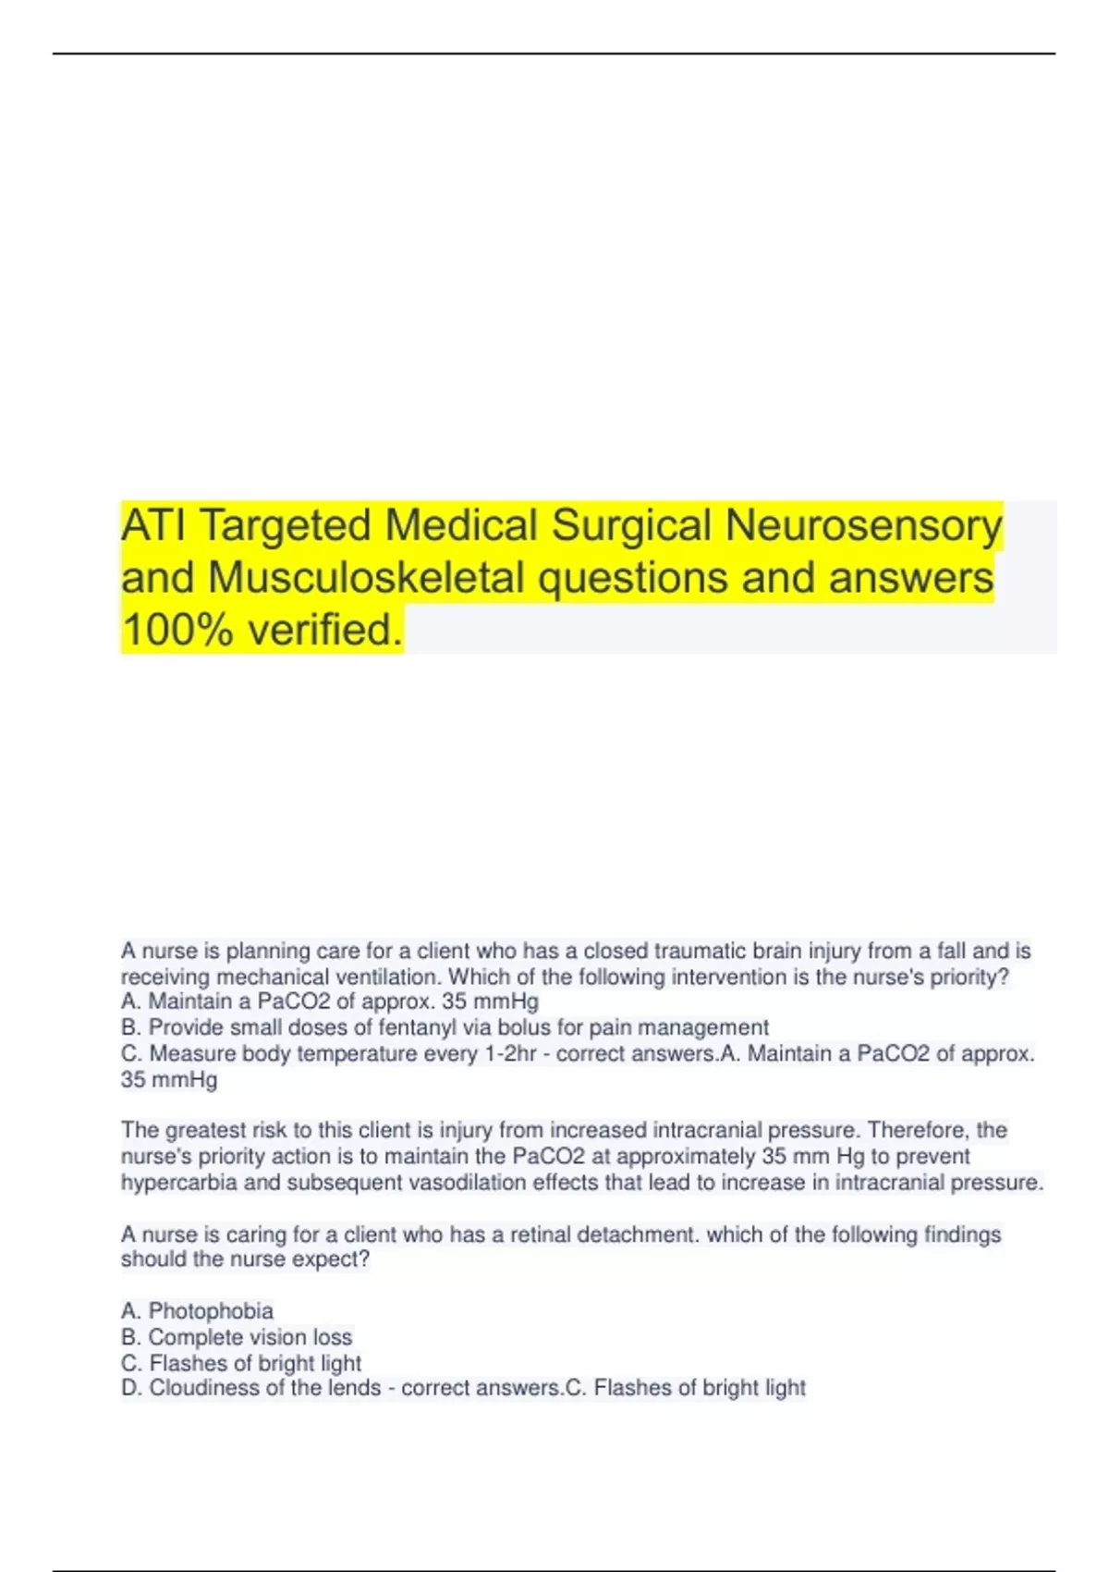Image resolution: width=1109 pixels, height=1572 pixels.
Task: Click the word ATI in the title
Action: [x=154, y=525]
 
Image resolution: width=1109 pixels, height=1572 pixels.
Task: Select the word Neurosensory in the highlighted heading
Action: [x=863, y=525]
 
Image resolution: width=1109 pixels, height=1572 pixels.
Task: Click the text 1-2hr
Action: [x=511, y=1053]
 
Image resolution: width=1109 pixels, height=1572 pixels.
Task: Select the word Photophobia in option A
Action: [x=211, y=1311]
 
